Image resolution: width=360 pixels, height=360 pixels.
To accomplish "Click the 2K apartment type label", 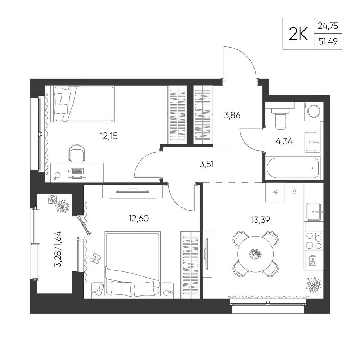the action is [298, 34].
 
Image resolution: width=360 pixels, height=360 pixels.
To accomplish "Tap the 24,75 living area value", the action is [328, 26].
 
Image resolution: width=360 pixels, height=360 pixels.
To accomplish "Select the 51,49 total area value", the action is [328, 41].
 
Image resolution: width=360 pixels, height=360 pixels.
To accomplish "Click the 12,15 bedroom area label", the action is [109, 136].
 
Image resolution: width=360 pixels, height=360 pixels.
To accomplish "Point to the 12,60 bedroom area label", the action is [139, 219].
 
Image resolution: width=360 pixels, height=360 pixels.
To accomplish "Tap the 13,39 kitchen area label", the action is [260, 220].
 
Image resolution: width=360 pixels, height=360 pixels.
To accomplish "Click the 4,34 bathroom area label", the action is [284, 141].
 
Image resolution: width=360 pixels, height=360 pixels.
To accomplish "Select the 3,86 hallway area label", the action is [232, 115].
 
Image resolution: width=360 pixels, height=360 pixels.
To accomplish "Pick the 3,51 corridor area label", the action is [207, 164].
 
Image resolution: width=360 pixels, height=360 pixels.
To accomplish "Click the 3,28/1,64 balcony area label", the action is [58, 249].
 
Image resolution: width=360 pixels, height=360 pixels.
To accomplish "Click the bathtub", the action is [293, 168].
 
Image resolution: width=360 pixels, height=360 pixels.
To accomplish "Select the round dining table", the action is [256, 254].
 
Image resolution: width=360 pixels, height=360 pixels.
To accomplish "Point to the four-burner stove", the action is [314, 241].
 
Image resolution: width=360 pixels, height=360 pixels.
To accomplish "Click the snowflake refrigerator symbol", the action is [275, 192].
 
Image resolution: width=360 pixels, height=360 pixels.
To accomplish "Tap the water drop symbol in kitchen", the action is [294, 192].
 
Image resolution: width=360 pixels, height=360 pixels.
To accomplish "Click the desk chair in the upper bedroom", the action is [77, 153].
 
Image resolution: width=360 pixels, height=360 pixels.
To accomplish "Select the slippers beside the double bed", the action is [96, 258].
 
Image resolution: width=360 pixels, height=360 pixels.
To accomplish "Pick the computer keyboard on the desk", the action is [77, 171].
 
